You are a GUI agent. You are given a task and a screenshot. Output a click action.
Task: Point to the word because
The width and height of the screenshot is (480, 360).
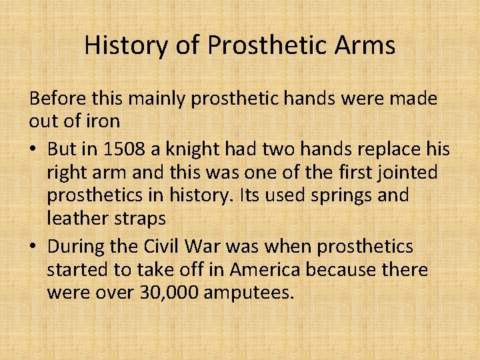379,271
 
